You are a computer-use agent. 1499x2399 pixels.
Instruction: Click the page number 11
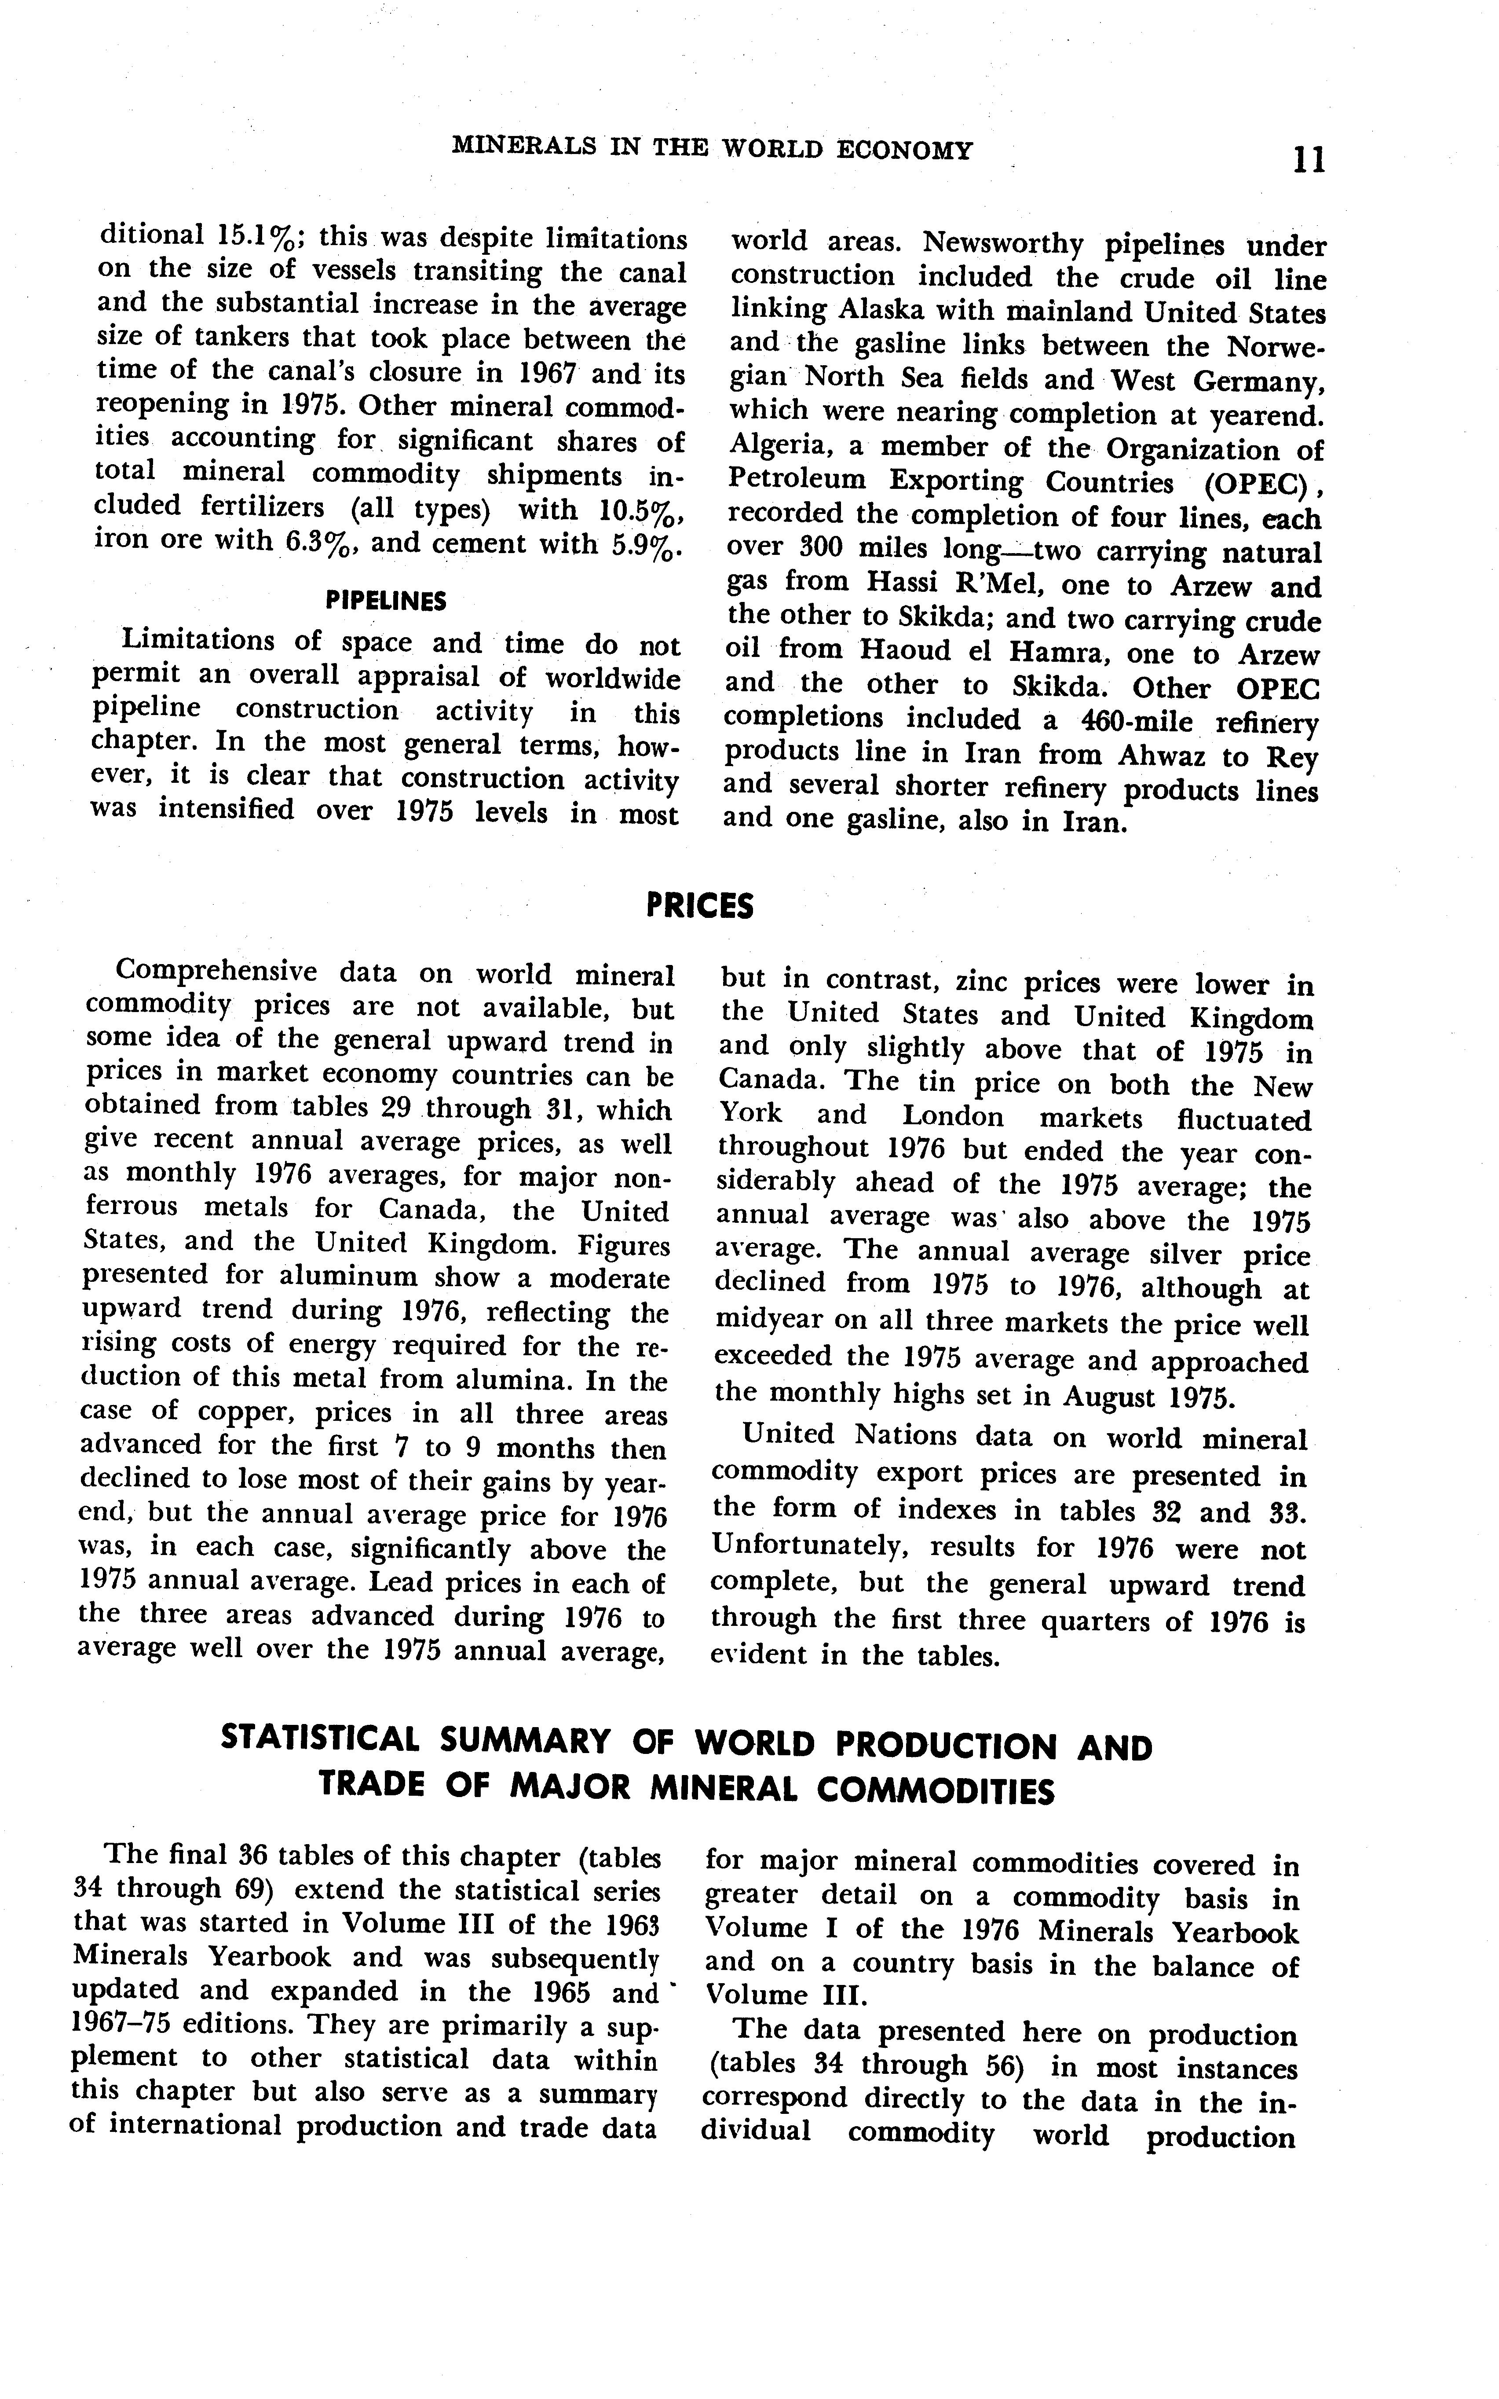click(x=1309, y=159)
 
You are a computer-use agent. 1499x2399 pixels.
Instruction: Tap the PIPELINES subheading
click(x=386, y=601)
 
